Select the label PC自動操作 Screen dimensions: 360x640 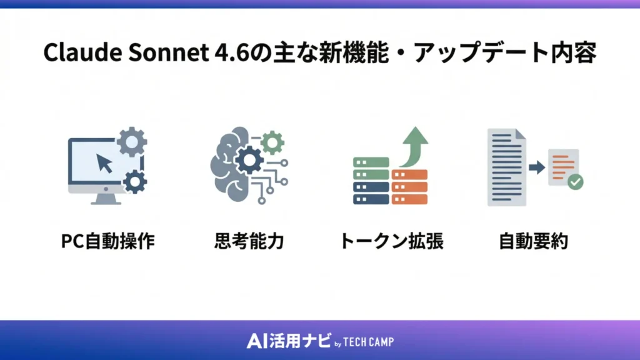pyautogui.click(x=108, y=242)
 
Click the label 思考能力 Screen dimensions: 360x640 pyautogui.click(x=248, y=242)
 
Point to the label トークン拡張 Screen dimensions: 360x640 pyautogui.click(x=391, y=242)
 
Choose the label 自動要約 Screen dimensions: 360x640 pyautogui.click(x=533, y=242)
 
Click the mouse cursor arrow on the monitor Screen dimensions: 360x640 pyautogui.click(x=104, y=164)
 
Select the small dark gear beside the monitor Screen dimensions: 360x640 pyautogui.click(x=134, y=182)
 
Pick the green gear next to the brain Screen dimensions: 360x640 pyautogui.click(x=272, y=142)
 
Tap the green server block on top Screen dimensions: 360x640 pyautogui.click(x=371, y=162)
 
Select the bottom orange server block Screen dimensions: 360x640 pyautogui.click(x=409, y=199)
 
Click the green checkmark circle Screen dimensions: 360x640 pyautogui.click(x=575, y=182)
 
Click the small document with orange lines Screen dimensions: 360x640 pyautogui.click(x=563, y=166)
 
